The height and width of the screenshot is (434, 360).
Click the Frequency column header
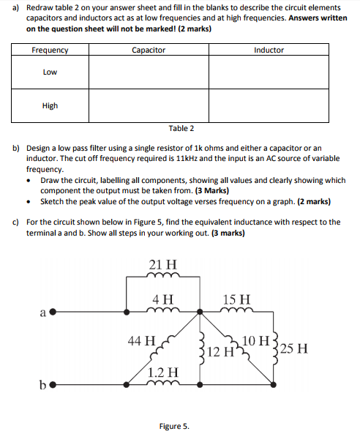[50, 50]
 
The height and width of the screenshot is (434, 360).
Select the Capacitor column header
[149, 50]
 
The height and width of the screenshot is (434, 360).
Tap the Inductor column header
[269, 50]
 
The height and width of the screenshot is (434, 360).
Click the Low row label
[50, 72]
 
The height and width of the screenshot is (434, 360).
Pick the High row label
[50, 105]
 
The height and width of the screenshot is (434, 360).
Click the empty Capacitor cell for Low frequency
[149, 72]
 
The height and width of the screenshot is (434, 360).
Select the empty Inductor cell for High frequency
[269, 105]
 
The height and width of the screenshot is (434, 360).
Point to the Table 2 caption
[181, 128]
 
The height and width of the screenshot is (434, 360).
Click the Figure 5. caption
[174, 425]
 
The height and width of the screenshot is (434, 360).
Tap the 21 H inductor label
[162, 263]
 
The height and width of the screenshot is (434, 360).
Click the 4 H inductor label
[162, 299]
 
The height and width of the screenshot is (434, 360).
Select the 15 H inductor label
[236, 299]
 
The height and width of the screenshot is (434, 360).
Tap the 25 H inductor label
[297, 348]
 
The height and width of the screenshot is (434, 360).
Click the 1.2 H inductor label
[162, 371]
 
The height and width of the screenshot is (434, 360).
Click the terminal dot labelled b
[52, 383]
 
